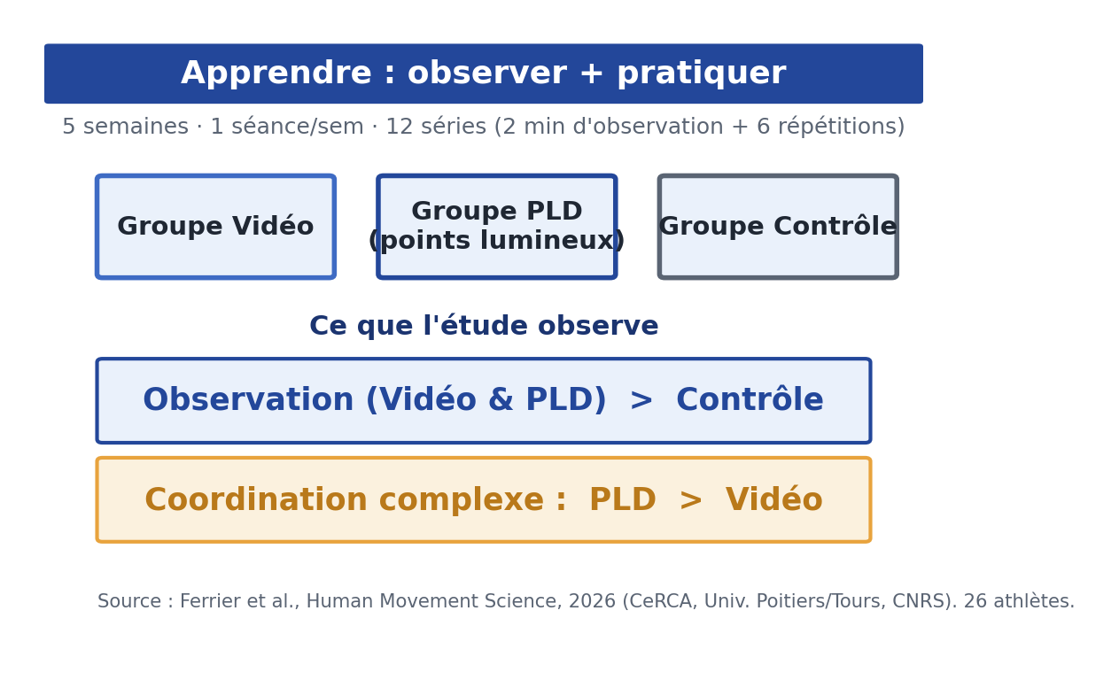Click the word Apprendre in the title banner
pyautogui.click(x=276, y=73)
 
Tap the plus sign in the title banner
pyautogui.click(x=592, y=73)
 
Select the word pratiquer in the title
pyautogui.click(x=702, y=73)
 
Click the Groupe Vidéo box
pyautogui.click(x=216, y=227)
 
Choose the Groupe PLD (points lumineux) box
pyautogui.click(x=497, y=227)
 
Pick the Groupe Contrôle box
pyautogui.click(x=778, y=227)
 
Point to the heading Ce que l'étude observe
pyautogui.click(x=484, y=326)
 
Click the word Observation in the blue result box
pyautogui.click(x=248, y=399)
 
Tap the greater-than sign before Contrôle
pyautogui.click(x=641, y=400)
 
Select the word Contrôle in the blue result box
pyautogui.click(x=750, y=399)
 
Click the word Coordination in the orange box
pyautogui.click(x=256, y=499)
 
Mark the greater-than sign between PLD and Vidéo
pyautogui.click(x=691, y=500)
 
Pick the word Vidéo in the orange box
pyautogui.click(x=773, y=499)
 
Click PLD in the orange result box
pyautogui.click(x=623, y=499)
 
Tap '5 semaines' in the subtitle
pyautogui.click(x=126, y=127)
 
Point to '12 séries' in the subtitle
pyautogui.click(x=436, y=127)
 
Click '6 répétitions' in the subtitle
pyautogui.click(x=827, y=127)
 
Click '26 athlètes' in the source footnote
pyautogui.click(x=1019, y=601)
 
